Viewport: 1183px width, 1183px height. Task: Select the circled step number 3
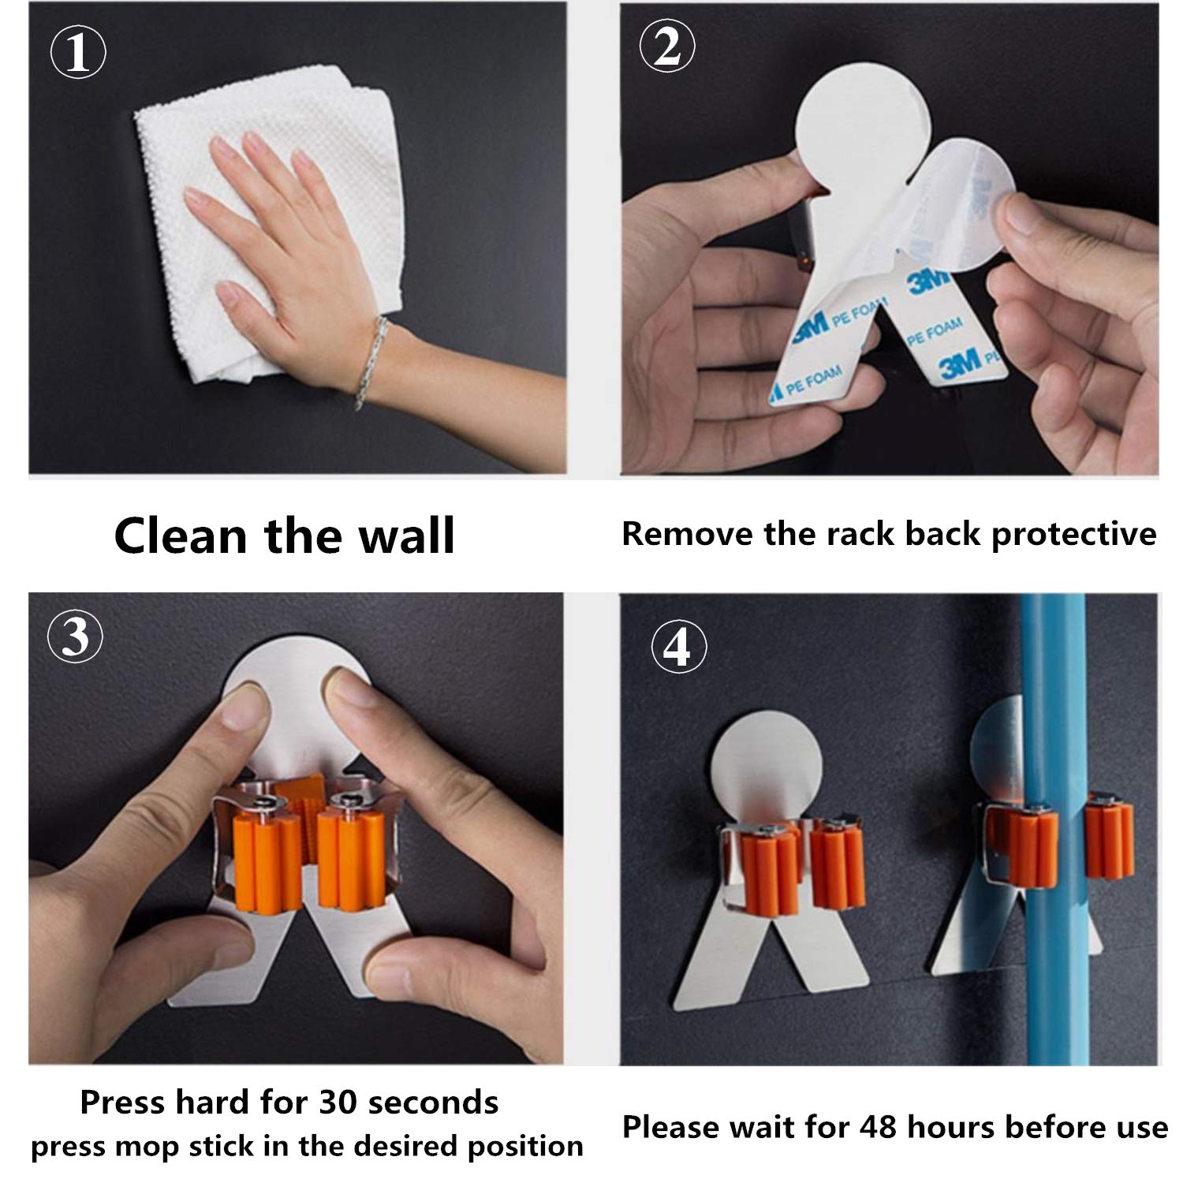[x=76, y=636]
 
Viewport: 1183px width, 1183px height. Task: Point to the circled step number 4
[x=678, y=649]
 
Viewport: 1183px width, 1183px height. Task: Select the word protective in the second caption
[x=1073, y=535]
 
